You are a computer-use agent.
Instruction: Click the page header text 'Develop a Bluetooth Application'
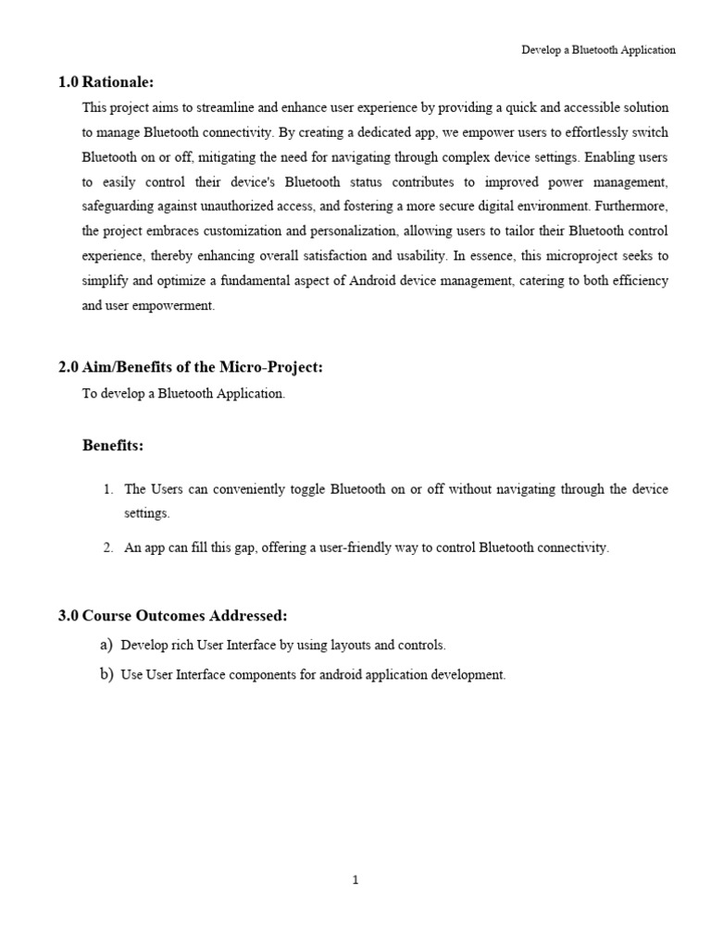(598, 50)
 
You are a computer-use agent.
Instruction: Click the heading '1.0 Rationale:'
(106, 82)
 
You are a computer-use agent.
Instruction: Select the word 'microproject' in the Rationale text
(529, 256)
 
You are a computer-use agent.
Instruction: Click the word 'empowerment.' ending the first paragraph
(172, 305)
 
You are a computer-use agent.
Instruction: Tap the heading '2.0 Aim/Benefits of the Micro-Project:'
(191, 368)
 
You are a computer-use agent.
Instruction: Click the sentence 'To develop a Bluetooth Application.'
(184, 394)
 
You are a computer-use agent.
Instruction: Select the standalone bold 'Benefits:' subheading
(113, 446)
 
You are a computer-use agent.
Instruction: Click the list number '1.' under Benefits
(107, 489)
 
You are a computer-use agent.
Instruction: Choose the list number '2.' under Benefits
(107, 547)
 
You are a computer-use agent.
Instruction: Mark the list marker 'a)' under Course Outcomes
(106, 645)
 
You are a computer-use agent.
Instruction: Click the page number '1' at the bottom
(355, 880)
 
